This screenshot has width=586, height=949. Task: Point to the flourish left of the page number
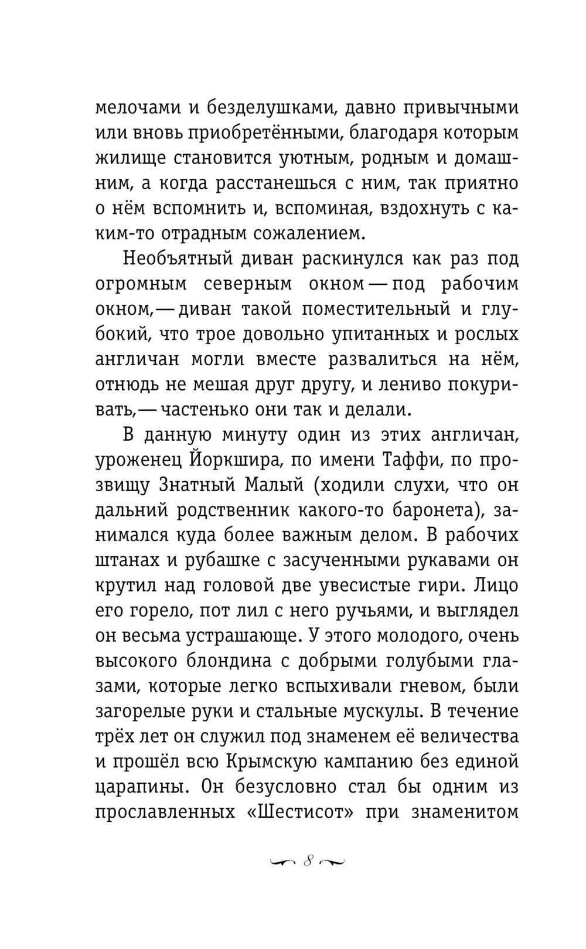[282, 862]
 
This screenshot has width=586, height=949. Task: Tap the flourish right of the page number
[332, 862]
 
